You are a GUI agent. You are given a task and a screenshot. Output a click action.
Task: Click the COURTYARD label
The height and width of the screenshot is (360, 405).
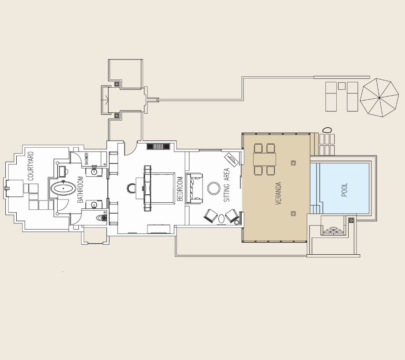click(x=31, y=166)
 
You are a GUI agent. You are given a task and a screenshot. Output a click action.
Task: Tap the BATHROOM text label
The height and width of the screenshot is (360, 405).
click(x=80, y=189)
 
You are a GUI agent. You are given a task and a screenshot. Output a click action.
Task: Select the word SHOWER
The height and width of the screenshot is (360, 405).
click(x=87, y=159)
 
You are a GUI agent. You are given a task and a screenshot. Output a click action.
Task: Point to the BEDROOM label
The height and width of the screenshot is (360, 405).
click(x=180, y=189)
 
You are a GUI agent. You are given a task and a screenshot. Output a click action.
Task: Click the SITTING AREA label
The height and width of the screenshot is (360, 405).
click(x=227, y=185)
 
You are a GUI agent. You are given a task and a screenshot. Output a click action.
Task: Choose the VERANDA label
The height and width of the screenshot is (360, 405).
click(x=278, y=193)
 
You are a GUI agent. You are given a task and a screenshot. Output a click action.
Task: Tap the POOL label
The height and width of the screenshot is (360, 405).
click(x=345, y=190)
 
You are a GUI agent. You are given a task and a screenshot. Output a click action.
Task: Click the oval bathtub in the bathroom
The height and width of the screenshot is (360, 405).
click(x=63, y=189)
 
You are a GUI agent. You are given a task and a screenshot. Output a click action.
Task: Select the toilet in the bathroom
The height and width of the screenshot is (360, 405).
click(x=102, y=218)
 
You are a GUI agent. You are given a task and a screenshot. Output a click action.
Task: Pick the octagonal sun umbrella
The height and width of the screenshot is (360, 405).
click(x=379, y=98)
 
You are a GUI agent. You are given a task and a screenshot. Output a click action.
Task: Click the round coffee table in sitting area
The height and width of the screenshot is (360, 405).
click(x=214, y=188)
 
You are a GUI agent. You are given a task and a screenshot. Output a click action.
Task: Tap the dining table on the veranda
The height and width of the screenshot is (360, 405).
click(x=265, y=160)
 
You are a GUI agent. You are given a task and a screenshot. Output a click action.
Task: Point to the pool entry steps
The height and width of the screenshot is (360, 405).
click(x=315, y=209)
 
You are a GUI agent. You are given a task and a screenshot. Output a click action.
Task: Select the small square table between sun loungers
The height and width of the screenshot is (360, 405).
click(x=342, y=86)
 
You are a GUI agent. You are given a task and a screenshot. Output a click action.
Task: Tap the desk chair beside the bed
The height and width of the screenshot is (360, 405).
click(x=131, y=188)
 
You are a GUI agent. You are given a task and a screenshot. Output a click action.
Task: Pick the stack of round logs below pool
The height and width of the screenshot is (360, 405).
click(x=333, y=230)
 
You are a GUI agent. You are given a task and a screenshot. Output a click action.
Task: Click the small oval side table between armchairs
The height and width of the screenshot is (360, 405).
click(x=222, y=219)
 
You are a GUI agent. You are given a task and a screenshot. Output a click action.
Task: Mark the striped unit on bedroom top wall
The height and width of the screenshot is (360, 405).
click(x=158, y=146)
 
